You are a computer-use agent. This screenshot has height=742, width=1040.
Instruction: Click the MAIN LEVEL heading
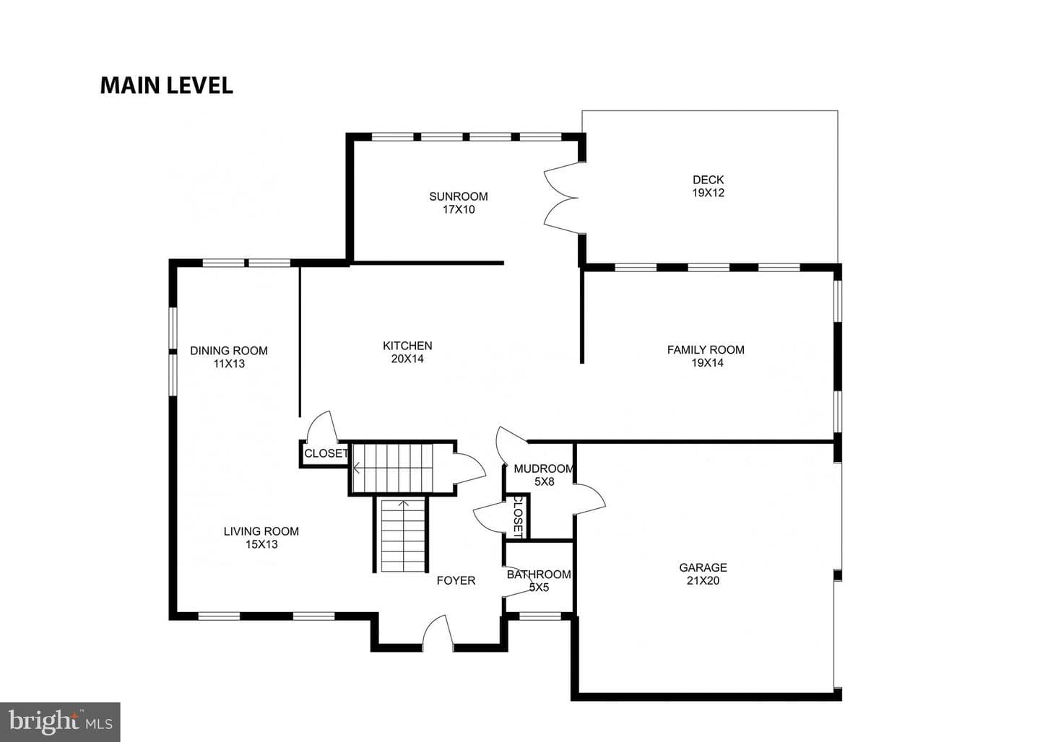(x=166, y=86)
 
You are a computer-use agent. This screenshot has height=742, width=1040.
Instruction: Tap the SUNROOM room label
(x=458, y=196)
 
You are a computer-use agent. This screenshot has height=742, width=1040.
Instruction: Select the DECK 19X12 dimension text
(x=708, y=193)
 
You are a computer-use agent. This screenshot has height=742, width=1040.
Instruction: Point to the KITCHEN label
(x=407, y=346)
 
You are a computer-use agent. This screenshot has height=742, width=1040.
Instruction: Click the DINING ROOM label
(x=229, y=351)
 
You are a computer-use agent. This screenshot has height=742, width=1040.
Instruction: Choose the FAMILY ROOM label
(x=706, y=350)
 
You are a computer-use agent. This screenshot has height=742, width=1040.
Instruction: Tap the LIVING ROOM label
(x=261, y=531)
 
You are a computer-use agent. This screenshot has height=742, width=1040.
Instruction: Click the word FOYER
(x=456, y=580)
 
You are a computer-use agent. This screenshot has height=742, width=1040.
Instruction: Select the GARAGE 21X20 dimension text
(x=703, y=580)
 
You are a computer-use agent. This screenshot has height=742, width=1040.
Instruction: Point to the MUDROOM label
(x=544, y=468)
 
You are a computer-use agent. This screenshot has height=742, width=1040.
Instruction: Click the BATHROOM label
(x=539, y=575)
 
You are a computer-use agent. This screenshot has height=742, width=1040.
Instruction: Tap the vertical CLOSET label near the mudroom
(x=518, y=517)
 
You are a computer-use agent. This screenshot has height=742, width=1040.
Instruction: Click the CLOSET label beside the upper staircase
(x=326, y=453)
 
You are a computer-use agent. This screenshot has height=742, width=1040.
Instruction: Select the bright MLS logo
(x=61, y=722)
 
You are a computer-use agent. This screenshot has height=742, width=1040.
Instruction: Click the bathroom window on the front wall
(x=540, y=616)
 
